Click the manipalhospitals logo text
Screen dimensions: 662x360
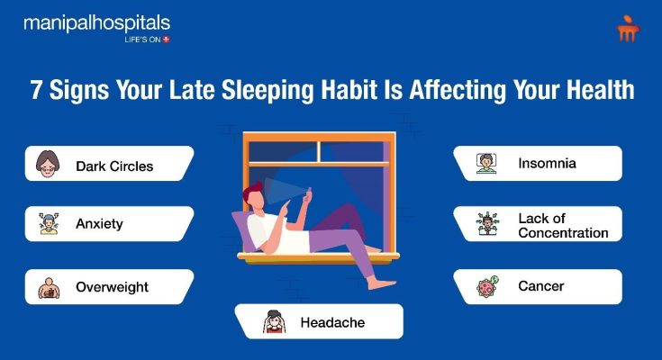96,23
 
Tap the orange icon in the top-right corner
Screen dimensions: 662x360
628,28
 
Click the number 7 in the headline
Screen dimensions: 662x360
37,89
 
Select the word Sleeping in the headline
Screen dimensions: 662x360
268,90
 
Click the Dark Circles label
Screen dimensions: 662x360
114,166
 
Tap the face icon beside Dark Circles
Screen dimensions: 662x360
47,164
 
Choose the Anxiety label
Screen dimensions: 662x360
99,224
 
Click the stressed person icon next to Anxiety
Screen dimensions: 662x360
49,223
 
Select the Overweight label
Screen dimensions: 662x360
112,287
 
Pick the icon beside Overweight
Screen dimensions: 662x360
49,288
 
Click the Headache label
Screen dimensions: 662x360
332,322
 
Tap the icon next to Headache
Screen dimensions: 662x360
274,321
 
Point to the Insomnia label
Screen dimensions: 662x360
548,163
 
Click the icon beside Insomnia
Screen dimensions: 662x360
486,164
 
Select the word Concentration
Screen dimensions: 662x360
563,233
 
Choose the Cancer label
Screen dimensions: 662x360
540,286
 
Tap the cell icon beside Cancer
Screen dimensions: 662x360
487,287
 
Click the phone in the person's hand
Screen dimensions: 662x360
307,194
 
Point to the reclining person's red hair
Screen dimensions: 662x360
252,191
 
